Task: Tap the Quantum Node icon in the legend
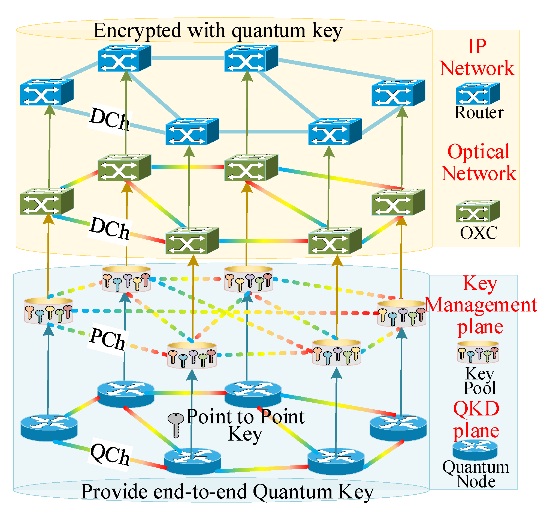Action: pos(475,450)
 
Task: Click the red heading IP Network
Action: pos(477,58)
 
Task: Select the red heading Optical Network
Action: pos(478,163)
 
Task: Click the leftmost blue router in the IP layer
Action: pos(46,92)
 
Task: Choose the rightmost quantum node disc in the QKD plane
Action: pos(398,428)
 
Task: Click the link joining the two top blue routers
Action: pos(188,58)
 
